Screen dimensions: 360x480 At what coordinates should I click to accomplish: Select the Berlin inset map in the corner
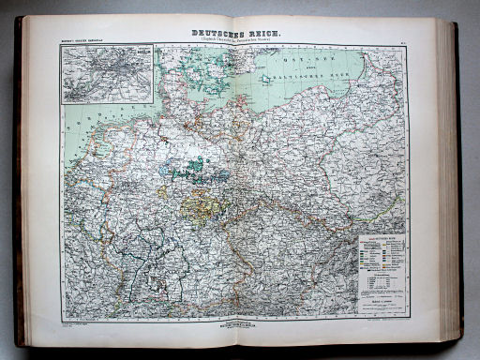[x=107, y=74]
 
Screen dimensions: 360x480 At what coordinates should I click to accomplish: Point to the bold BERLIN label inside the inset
[x=109, y=71]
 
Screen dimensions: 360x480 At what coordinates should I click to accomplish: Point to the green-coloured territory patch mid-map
[x=197, y=168]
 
